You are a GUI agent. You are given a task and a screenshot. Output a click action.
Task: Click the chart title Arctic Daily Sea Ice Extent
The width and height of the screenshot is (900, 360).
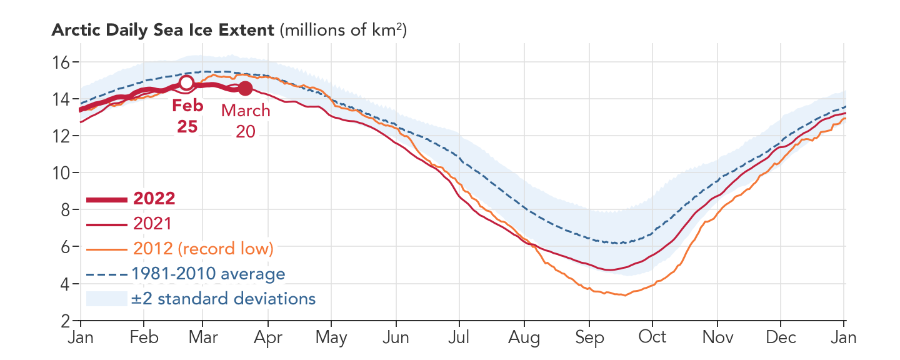[x=162, y=30]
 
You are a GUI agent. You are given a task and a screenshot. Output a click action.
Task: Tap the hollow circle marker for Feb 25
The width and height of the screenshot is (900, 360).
[x=186, y=82]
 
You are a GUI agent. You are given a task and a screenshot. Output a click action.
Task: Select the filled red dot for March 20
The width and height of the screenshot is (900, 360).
[x=246, y=89]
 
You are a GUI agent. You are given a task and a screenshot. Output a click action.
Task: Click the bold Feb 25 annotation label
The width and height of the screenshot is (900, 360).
[x=187, y=116]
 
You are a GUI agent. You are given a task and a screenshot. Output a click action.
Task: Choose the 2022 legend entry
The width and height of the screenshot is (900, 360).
[x=154, y=199]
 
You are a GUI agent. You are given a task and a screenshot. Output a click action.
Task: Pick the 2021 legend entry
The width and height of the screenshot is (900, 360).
[x=152, y=224]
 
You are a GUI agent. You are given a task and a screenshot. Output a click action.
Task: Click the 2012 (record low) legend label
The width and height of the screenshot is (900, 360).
[x=203, y=248]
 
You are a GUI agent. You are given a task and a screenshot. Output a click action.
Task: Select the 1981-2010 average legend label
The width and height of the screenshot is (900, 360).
[x=208, y=274]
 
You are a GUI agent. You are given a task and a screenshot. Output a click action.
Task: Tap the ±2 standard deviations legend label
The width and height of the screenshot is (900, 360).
[x=223, y=299]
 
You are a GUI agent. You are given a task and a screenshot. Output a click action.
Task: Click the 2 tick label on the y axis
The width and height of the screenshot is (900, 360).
[x=64, y=321]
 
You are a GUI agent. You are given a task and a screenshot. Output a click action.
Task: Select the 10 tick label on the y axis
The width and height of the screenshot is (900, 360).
[x=60, y=173]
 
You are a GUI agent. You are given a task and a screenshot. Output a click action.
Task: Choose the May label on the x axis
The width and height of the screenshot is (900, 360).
[x=331, y=337]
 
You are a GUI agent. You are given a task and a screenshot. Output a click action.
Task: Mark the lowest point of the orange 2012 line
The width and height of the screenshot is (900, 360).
[x=624, y=296]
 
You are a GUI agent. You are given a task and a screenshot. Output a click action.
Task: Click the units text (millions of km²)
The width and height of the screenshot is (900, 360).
[x=343, y=30]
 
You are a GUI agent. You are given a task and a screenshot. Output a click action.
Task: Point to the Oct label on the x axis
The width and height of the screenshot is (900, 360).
[x=652, y=337]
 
